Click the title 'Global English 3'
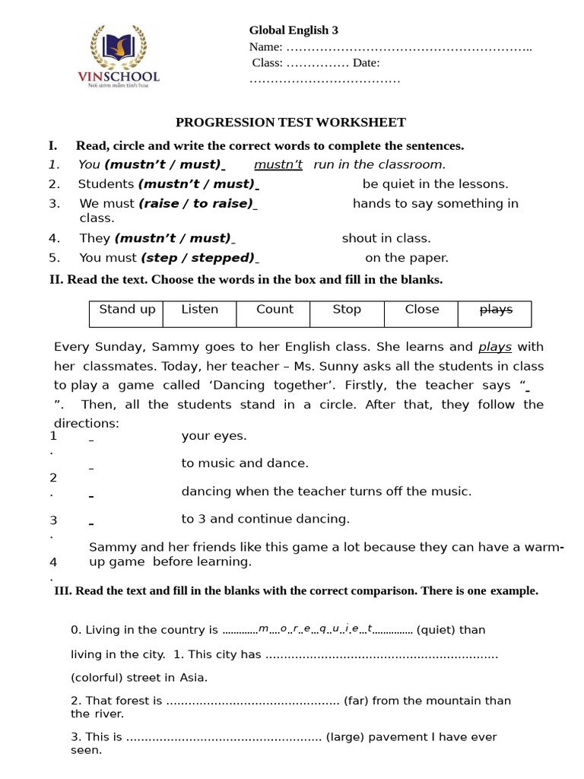294,30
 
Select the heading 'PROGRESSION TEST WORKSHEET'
290,122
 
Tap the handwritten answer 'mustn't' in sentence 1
278,164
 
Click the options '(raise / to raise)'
197,203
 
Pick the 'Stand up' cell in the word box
127,310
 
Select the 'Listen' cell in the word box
199,310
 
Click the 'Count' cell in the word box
275,310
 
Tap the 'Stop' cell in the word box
347,310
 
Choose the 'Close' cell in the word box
421,310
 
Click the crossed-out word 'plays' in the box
495,310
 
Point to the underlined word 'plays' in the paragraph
495,347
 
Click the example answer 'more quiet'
315,629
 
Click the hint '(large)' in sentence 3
349,737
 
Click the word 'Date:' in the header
367,63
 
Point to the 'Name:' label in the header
265,47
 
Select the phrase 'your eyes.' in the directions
214,436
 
